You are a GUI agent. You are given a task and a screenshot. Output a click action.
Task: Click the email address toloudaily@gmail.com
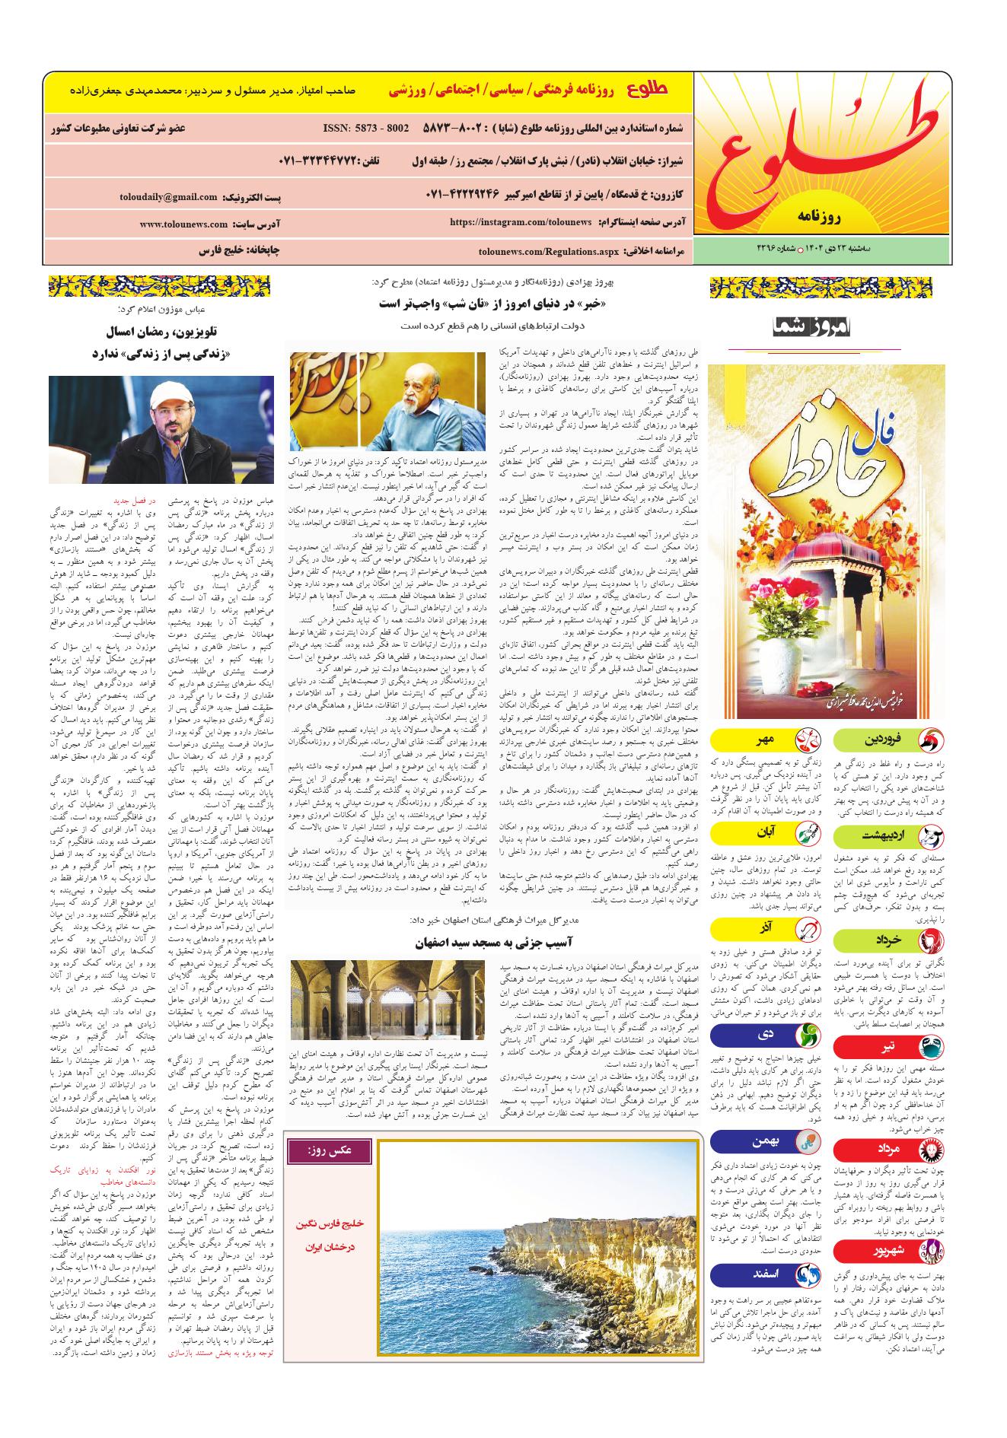click(x=168, y=197)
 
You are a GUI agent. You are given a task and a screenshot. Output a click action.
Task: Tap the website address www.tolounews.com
click(x=184, y=224)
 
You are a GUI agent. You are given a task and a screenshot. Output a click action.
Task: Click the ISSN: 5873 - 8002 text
click(x=366, y=128)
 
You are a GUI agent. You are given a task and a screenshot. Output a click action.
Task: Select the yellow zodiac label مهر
click(x=760, y=739)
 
